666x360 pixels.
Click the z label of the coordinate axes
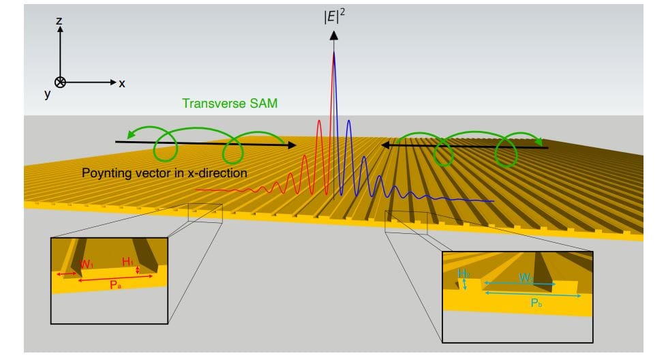click(59, 21)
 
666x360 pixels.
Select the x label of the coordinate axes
click(122, 83)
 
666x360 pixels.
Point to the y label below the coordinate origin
click(48, 95)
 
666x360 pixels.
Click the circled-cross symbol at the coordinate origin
click(60, 82)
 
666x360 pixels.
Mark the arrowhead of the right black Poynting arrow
click(385, 145)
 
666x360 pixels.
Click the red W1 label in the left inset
click(87, 265)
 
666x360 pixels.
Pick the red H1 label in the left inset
click(128, 262)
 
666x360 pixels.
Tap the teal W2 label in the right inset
click(526, 277)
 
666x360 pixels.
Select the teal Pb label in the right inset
click(536, 303)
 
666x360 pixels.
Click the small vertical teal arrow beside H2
click(464, 284)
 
